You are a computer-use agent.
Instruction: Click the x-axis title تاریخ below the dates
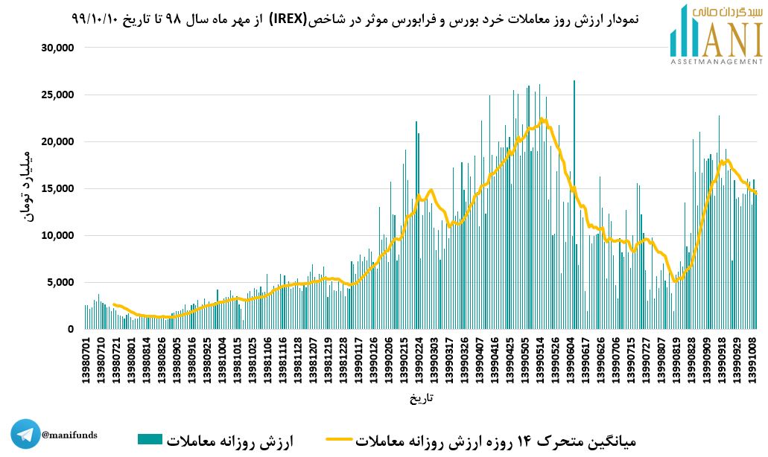point(421,398)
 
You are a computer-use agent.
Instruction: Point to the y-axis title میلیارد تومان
point(22,186)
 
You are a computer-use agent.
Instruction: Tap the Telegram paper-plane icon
point(25,435)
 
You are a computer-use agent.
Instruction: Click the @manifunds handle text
point(69,435)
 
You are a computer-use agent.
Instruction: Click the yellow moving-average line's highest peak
point(542,118)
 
